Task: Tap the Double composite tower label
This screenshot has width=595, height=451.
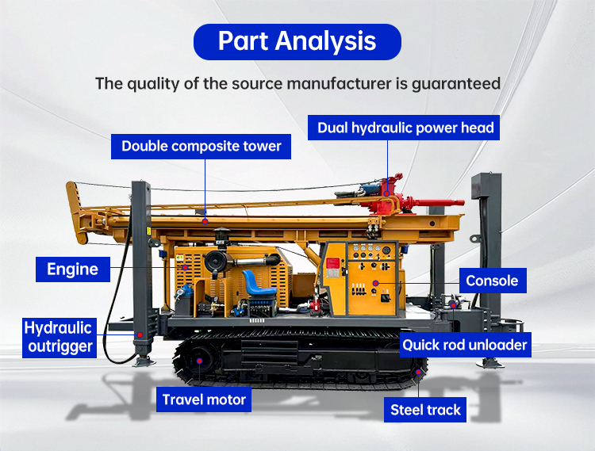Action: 202,147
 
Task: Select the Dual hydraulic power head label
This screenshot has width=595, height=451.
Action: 405,128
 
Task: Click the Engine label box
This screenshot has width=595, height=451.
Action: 72,269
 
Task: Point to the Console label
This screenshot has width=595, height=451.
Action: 492,281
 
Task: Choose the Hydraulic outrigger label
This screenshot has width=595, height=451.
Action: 58,337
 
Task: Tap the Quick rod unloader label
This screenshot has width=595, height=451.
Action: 465,345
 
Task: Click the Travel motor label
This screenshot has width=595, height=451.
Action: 205,399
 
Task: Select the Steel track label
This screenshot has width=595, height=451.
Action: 426,410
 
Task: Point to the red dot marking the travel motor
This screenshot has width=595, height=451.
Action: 199,360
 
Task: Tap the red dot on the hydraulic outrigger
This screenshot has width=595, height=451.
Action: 140,334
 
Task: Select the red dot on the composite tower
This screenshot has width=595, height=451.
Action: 205,221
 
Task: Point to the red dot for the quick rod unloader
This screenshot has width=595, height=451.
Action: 452,304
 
